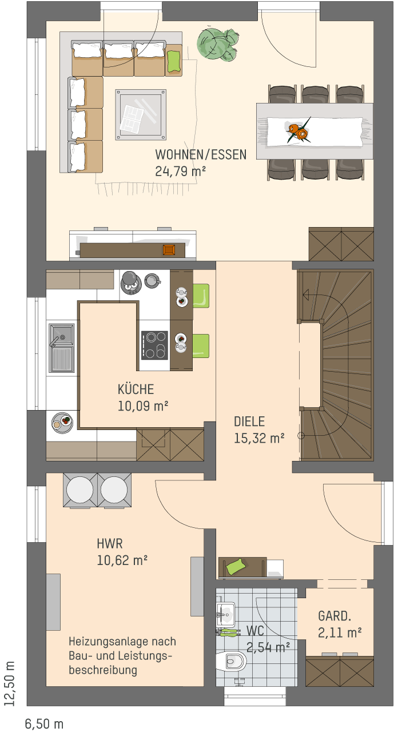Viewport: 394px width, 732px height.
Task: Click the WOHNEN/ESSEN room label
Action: [201, 154]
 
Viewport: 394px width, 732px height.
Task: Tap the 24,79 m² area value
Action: [180, 171]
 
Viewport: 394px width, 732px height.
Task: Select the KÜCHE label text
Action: [136, 389]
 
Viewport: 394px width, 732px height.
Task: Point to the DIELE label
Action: [249, 421]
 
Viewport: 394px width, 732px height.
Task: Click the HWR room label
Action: [110, 544]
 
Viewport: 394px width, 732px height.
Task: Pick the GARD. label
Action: [335, 616]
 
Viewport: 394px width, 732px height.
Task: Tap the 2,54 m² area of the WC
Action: [268, 647]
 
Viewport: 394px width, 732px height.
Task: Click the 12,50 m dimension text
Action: [10, 683]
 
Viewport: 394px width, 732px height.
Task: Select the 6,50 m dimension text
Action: [44, 724]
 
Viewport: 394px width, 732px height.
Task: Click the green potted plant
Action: [217, 44]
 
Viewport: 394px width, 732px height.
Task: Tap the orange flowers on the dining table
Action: [298, 132]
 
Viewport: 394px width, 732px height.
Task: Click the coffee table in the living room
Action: [141, 115]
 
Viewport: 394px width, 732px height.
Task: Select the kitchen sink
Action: [61, 348]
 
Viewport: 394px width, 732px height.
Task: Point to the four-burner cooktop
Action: [154, 345]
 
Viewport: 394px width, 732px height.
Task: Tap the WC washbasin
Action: [225, 611]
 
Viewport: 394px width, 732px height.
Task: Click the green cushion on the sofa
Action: [174, 61]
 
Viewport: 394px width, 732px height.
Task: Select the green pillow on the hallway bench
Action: [236, 566]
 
